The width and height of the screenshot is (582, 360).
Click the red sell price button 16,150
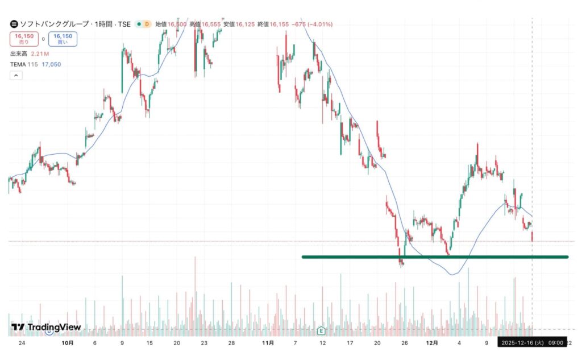24,39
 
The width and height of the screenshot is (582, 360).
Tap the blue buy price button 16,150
63,39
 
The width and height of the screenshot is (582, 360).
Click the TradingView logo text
47,328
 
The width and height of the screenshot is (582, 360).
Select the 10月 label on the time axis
67,344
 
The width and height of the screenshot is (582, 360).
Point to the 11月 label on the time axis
268,344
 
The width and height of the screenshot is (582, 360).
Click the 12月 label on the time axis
433,344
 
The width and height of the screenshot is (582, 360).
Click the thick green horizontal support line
435,257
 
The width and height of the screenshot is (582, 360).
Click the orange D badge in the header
147,24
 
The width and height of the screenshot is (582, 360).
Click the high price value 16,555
211,24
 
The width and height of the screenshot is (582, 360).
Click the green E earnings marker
321,330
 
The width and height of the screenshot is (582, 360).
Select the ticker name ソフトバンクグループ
52,24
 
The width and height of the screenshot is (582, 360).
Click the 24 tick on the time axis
22,344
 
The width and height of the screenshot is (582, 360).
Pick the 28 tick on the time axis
231,344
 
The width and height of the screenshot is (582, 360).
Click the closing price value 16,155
279,24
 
